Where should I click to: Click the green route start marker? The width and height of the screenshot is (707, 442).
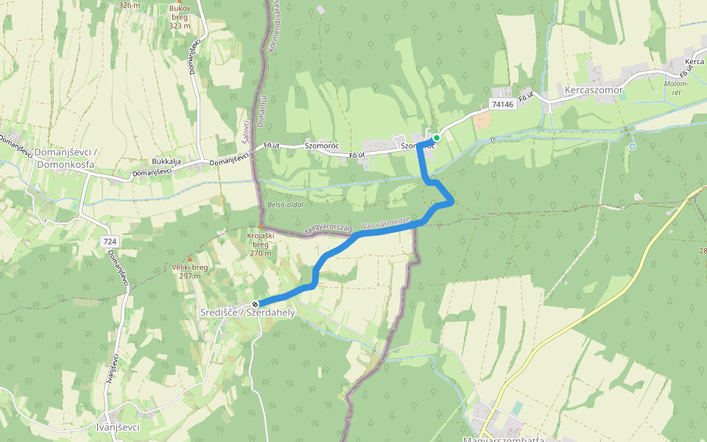[436, 138]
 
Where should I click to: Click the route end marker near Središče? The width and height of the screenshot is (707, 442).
[255, 304]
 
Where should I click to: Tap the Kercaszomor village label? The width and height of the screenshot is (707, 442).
[594, 91]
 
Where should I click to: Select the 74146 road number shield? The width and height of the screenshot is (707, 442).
[502, 105]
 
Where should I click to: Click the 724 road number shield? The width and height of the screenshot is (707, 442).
[110, 242]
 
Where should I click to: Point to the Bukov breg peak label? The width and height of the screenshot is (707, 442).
[180, 17]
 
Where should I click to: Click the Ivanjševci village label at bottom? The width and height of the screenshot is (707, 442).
[118, 427]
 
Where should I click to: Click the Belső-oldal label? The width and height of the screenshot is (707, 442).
[286, 204]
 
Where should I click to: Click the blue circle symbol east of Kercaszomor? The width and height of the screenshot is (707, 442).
[632, 147]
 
